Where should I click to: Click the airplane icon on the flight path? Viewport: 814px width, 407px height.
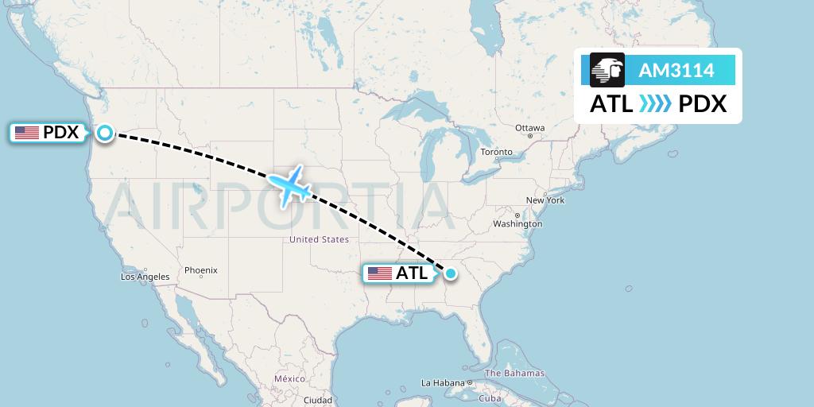(x=289, y=186)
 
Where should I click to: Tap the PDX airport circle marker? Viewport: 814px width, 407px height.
(x=105, y=133)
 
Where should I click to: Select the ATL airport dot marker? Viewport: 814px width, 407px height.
(x=451, y=273)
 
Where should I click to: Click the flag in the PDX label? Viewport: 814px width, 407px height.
(x=27, y=133)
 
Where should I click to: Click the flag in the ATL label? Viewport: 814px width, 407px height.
(x=380, y=273)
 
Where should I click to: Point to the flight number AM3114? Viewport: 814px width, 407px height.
(x=676, y=71)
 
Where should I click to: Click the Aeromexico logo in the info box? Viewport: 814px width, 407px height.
(x=607, y=70)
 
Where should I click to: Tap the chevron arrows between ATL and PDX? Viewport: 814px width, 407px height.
(x=656, y=104)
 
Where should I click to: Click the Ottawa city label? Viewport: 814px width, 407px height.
(x=529, y=128)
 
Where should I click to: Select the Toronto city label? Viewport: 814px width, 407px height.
(x=497, y=152)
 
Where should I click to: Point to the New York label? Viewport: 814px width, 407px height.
(x=545, y=200)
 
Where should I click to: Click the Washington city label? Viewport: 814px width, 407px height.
(x=517, y=224)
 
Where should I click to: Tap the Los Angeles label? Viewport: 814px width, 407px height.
(x=145, y=277)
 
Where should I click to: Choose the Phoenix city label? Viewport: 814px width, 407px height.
(x=201, y=270)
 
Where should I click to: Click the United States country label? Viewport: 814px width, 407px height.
(x=319, y=239)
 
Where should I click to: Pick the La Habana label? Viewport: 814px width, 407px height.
(x=443, y=383)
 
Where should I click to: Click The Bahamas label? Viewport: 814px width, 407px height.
(x=515, y=373)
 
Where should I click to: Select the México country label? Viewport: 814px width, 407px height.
(x=289, y=379)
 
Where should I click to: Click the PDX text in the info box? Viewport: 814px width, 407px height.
(x=703, y=104)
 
